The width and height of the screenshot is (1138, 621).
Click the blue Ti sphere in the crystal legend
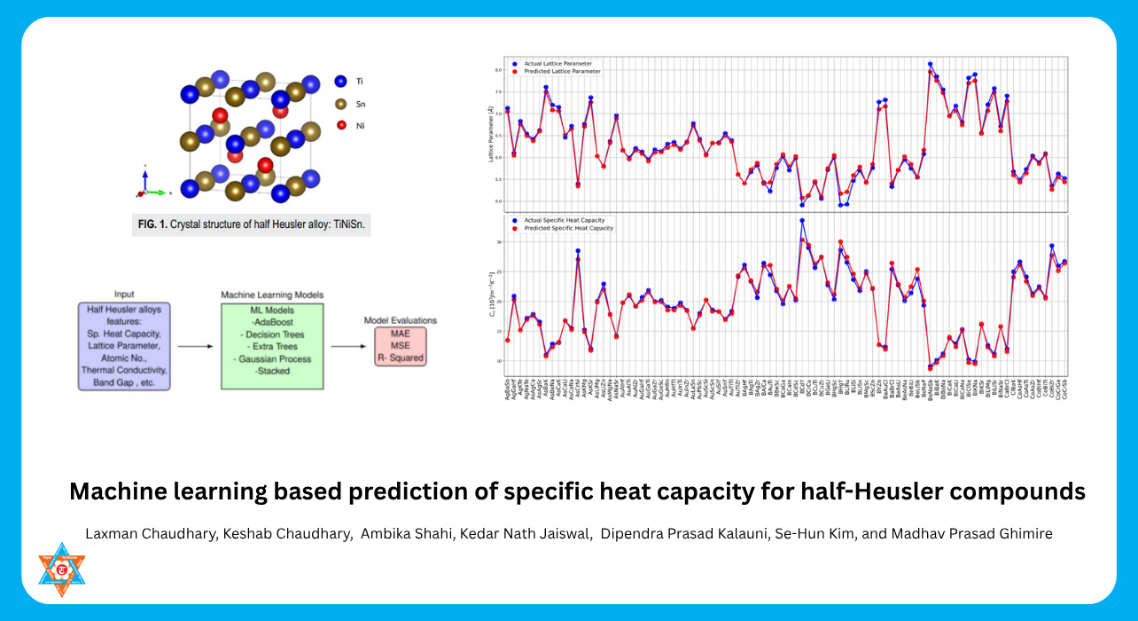point(340,82)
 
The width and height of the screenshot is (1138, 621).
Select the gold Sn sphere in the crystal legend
point(340,104)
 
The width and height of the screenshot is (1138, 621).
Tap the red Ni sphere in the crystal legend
point(340,126)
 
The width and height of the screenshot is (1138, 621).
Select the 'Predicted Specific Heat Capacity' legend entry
point(566,228)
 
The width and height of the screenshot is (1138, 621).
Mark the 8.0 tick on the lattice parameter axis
point(499,69)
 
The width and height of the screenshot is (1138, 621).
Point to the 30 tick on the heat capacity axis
point(500,242)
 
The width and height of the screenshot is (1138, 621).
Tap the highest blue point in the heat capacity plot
point(802,220)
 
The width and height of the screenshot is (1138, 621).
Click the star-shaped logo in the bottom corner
point(62,570)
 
